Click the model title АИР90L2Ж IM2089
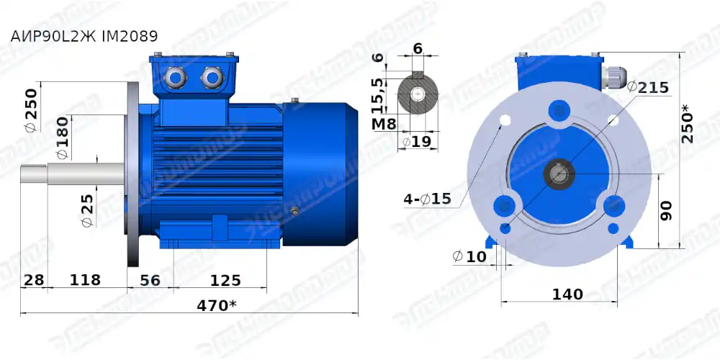click(84, 35)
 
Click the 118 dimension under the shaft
click(85, 279)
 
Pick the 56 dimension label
click(150, 279)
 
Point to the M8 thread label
click(384, 123)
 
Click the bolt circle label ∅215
click(648, 87)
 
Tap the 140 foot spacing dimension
click(567, 294)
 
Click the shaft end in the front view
click(559, 174)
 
